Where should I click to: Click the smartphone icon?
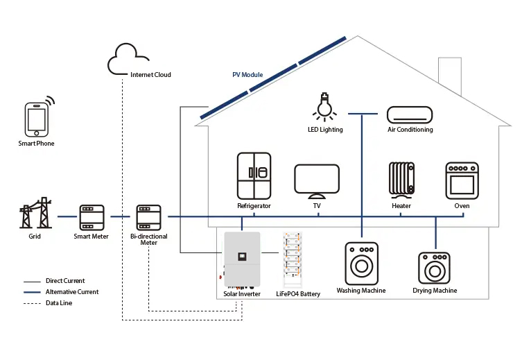click(x=37, y=119)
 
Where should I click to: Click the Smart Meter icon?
click(x=91, y=217)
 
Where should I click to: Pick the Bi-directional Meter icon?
click(x=148, y=217)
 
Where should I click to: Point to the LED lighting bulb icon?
click(x=324, y=106)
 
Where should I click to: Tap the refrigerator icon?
click(x=254, y=176)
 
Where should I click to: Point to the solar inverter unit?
click(x=241, y=261)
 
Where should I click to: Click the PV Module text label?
click(x=248, y=75)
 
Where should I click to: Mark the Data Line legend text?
click(x=59, y=303)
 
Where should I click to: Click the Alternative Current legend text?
click(x=72, y=292)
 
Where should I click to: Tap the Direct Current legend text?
click(x=65, y=281)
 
